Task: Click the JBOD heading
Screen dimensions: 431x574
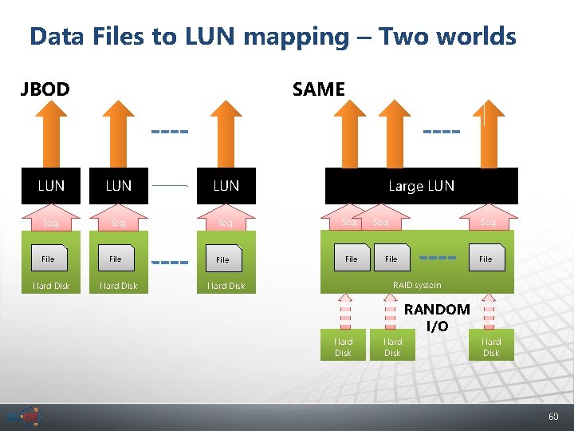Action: coord(45,89)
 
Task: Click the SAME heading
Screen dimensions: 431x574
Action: coord(318,89)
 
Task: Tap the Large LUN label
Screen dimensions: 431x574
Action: coord(421,186)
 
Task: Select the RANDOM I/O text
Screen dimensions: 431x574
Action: coord(437,318)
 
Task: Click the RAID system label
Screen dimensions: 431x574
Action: coord(416,285)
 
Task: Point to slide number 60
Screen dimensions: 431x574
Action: coord(553,417)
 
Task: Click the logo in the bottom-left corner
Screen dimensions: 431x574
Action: coord(24,417)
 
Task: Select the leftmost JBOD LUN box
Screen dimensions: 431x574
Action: coord(51,186)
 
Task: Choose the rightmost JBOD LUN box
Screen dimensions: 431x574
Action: coord(226,186)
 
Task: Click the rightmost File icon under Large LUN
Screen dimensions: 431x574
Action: coord(486,259)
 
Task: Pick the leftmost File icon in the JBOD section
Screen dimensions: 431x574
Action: coord(49,259)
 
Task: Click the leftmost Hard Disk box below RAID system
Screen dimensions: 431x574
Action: coord(343,346)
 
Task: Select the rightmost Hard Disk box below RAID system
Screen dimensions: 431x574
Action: coord(491,346)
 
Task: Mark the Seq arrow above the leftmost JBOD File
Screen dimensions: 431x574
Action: coord(51,219)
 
